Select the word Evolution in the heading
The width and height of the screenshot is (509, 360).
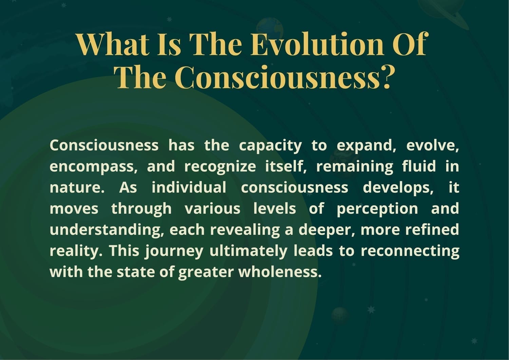click(x=317, y=44)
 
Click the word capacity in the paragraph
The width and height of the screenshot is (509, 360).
click(x=270, y=146)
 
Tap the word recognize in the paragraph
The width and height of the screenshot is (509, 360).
click(x=220, y=167)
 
